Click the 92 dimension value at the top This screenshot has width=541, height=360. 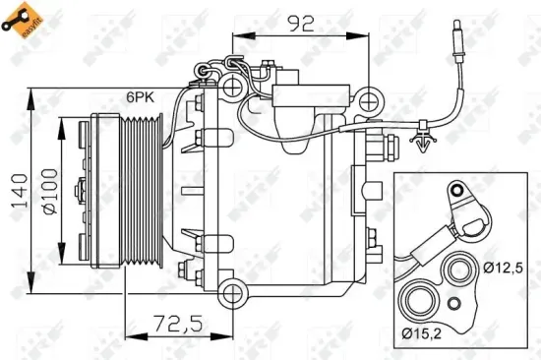300,21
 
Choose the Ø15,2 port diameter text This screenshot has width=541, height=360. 423,334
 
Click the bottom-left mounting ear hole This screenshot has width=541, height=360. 232,292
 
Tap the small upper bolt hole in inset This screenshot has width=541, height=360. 457,190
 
